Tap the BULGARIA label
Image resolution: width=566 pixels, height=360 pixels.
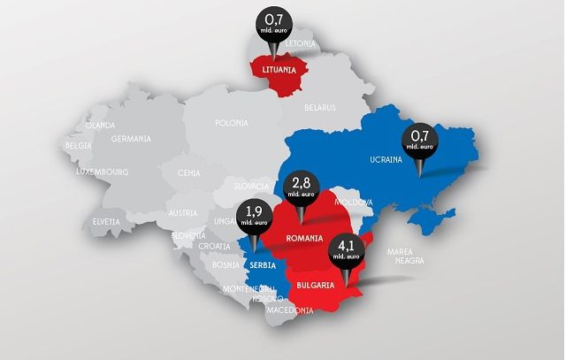pos(316,285)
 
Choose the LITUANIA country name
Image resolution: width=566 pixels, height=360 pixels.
pos(279,67)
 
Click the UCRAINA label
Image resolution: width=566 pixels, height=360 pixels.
pos(386,160)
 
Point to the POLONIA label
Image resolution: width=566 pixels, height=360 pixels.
pos(232,123)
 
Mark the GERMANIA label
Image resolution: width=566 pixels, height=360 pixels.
pos(131,139)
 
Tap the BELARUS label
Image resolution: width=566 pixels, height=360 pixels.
pos(320,107)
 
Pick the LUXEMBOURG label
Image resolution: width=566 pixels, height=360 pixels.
pos(103,171)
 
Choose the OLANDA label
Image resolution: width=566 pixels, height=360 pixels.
pos(101,125)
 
